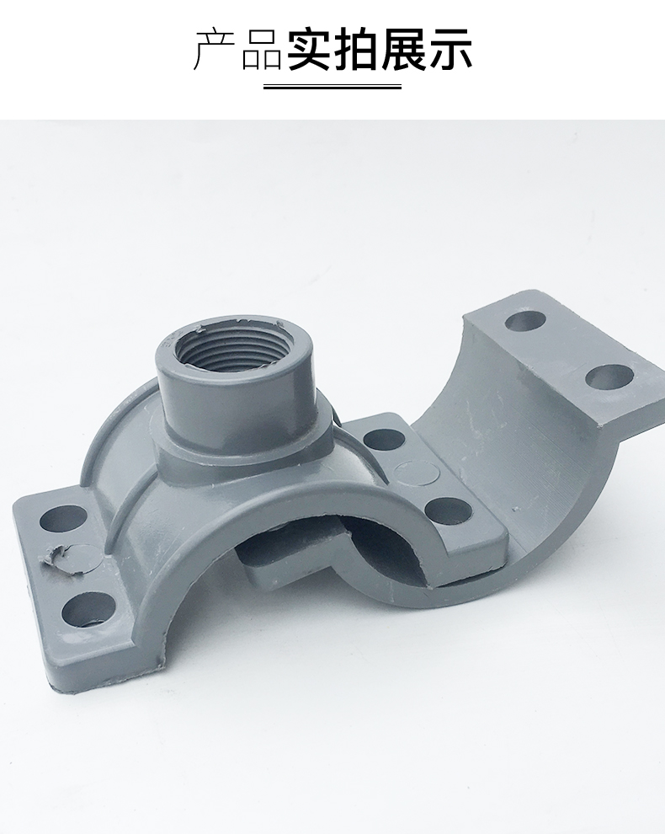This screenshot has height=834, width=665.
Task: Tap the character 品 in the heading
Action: (x=262, y=50)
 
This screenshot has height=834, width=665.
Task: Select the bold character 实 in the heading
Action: (x=310, y=50)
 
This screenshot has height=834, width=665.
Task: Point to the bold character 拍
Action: (x=356, y=50)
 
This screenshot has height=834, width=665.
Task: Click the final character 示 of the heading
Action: (x=450, y=50)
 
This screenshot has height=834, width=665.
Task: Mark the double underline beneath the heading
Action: (x=332, y=86)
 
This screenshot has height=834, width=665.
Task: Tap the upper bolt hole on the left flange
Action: (x=63, y=518)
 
